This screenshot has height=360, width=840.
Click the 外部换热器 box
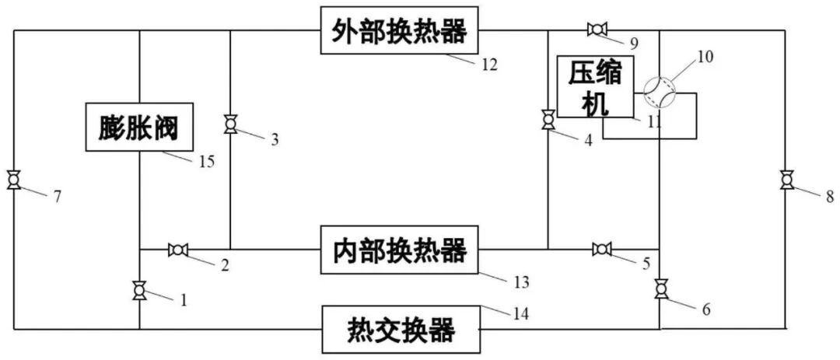point(400,33)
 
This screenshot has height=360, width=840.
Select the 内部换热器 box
point(400,250)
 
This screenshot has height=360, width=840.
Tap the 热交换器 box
point(400,330)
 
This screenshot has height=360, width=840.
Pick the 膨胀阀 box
point(138,127)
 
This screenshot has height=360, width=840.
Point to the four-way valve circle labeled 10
point(659,92)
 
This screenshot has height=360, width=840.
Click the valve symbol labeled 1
point(139,290)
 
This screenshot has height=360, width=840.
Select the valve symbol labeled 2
point(178,250)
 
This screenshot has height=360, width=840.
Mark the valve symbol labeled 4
point(548,121)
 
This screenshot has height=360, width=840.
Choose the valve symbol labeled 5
point(601,249)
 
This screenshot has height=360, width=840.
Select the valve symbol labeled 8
point(786,181)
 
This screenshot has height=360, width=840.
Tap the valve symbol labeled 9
point(597,30)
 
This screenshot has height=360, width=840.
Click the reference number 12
point(488,65)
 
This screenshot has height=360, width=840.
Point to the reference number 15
point(206,162)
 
